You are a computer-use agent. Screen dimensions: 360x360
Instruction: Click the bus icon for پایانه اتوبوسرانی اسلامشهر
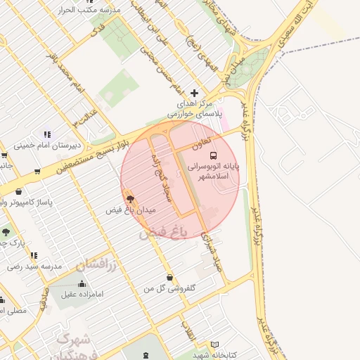tap(214, 155)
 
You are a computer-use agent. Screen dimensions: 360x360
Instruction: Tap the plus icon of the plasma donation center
tap(195, 93)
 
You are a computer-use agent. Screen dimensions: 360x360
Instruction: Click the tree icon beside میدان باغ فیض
tap(129, 199)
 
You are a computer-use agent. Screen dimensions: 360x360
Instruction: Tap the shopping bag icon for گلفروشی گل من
tap(169, 277)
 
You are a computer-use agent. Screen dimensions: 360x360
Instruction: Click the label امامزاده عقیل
tap(82, 295)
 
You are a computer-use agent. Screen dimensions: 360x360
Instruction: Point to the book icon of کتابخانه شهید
tap(215, 345)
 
